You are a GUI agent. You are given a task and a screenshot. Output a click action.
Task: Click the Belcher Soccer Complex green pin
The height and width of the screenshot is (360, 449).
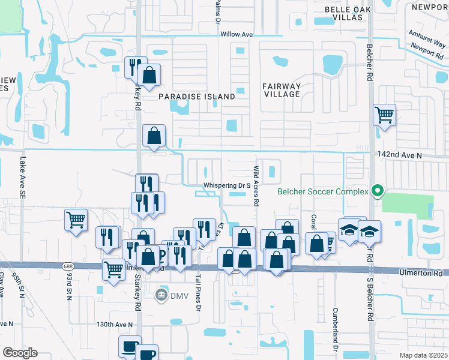[377, 192]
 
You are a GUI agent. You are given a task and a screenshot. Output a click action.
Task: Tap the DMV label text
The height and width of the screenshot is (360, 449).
[178, 295]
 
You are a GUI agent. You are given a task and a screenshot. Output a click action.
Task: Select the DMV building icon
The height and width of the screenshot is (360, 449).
[161, 295]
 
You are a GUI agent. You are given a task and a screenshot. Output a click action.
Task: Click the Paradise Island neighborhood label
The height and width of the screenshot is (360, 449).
[197, 96]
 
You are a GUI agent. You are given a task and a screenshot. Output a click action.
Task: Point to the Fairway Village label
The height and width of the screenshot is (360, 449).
[281, 90]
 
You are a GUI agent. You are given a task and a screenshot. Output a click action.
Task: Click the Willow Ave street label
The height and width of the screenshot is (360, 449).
[237, 35]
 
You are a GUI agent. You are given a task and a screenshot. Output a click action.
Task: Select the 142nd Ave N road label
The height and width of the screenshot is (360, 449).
[400, 155]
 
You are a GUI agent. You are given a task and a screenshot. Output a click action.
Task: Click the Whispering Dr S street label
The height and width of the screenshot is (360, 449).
[226, 186]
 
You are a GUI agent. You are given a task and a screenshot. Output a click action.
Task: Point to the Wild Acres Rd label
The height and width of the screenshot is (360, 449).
[256, 186]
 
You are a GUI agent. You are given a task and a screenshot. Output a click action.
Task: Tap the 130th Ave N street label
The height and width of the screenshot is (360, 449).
[114, 324]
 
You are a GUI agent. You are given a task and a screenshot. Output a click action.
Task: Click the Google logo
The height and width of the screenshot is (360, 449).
[19, 353]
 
